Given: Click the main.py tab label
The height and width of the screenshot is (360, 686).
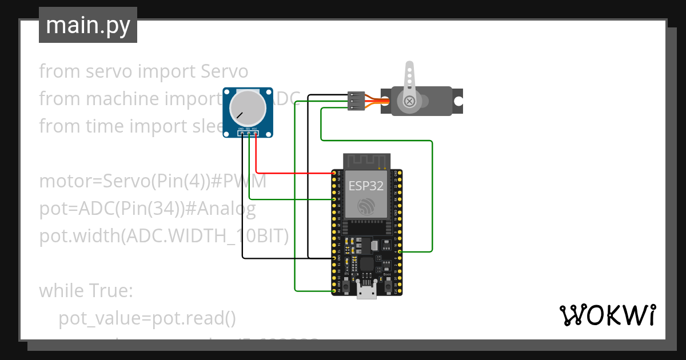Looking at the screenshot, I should tap(87, 25).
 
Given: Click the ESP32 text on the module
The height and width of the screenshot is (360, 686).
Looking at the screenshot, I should tap(366, 185).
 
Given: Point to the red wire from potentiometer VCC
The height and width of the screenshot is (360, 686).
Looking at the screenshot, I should tap(286, 172).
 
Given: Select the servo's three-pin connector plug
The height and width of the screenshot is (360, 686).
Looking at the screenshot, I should tap(356, 101).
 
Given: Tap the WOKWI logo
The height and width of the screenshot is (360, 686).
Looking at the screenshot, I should tap(607, 315).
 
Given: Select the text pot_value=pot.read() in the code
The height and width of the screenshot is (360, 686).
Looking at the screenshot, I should tap(147, 318).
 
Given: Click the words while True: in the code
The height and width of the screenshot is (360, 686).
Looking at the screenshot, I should tap(86, 291).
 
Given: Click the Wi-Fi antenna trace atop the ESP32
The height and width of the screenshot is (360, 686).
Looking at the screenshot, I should tap(366, 161).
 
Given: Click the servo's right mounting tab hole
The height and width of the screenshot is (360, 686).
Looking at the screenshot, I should tap(458, 101).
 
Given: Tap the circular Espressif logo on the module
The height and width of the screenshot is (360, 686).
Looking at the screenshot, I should tap(366, 207).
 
